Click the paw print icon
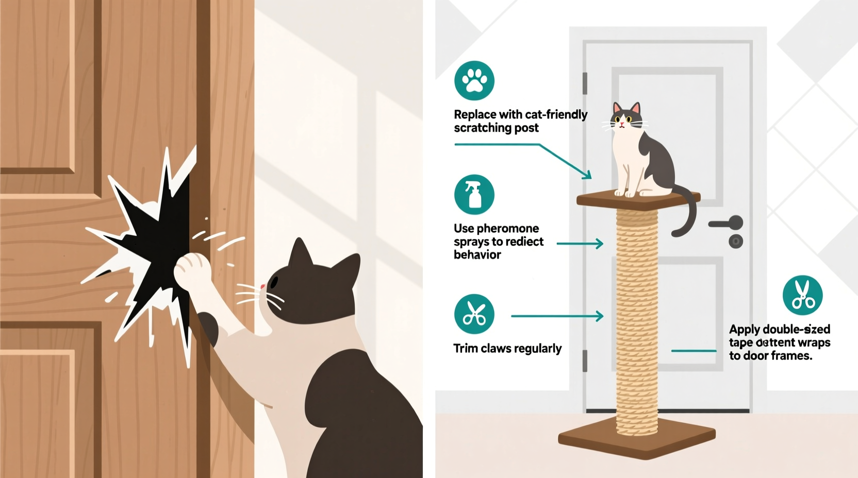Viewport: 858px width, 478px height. (474, 80)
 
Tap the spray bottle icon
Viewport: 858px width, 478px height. (474, 195)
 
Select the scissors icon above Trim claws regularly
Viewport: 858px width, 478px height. (474, 314)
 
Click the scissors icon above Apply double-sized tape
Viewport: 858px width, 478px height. (802, 295)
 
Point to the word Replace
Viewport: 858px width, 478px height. (474, 114)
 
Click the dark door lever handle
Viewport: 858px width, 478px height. (727, 224)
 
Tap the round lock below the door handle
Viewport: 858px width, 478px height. (736, 241)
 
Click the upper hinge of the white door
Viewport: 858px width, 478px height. (585, 83)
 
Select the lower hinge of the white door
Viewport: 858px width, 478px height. (585, 361)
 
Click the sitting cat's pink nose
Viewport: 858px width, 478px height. (622, 124)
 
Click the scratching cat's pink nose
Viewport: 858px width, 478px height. (263, 286)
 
